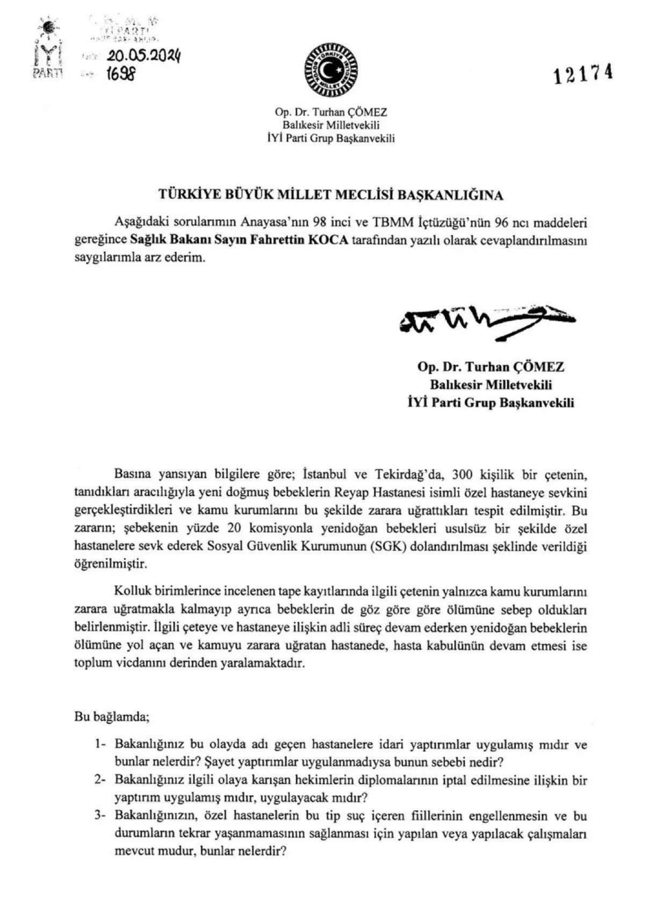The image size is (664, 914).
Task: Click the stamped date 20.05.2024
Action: (143, 55)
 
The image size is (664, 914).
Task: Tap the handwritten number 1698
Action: (121, 74)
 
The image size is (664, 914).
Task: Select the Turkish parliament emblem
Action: (331, 70)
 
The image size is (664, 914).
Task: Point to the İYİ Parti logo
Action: (47, 48)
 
